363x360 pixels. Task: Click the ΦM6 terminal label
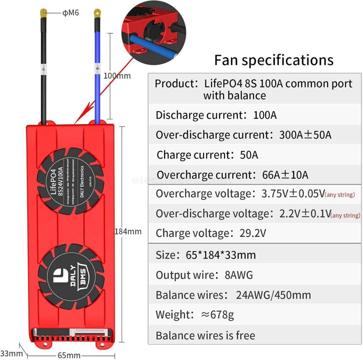pyautogui.click(x=71, y=13)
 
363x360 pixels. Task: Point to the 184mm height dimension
pyautogui.click(x=128, y=232)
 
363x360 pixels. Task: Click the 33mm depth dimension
pyautogui.click(x=11, y=353)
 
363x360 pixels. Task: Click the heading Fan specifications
pyautogui.click(x=274, y=60)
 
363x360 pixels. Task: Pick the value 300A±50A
pyautogui.click(x=305, y=135)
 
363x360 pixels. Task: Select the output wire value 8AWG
pyautogui.click(x=239, y=275)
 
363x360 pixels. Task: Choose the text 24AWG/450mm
pyautogui.click(x=273, y=295)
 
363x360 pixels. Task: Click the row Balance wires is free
pyautogui.click(x=205, y=335)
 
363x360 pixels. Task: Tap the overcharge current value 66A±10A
pyautogui.click(x=282, y=175)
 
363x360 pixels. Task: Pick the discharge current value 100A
pyautogui.click(x=265, y=115)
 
